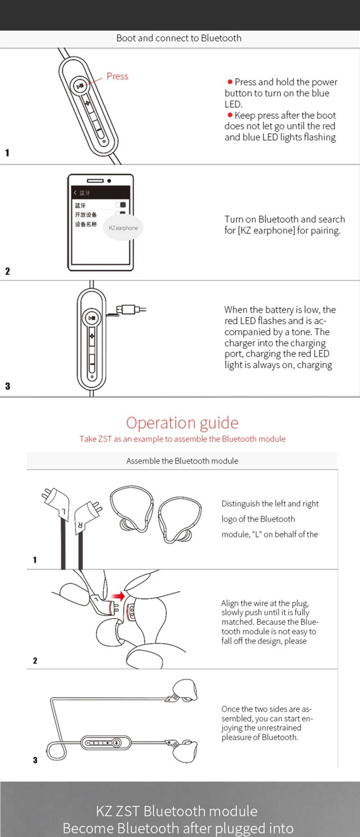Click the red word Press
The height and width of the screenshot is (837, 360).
tap(117, 76)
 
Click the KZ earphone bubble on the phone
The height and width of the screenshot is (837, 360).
tap(123, 228)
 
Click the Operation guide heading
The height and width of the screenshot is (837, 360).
tap(182, 422)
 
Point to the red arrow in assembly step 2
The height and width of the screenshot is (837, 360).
tap(118, 596)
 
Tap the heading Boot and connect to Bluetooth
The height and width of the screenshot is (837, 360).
tap(179, 38)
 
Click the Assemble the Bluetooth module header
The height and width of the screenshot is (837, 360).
tap(182, 461)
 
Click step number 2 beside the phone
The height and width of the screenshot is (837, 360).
tap(8, 271)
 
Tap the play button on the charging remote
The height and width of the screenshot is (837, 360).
tap(92, 318)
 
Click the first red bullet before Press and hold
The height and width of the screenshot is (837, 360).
tap(230, 82)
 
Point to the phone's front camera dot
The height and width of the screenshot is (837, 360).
tap(109, 181)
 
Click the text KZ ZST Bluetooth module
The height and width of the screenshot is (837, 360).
tap(177, 811)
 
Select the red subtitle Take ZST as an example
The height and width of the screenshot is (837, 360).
tap(183, 439)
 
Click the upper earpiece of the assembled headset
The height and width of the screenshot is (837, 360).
tap(185, 690)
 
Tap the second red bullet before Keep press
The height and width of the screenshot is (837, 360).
tap(230, 115)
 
